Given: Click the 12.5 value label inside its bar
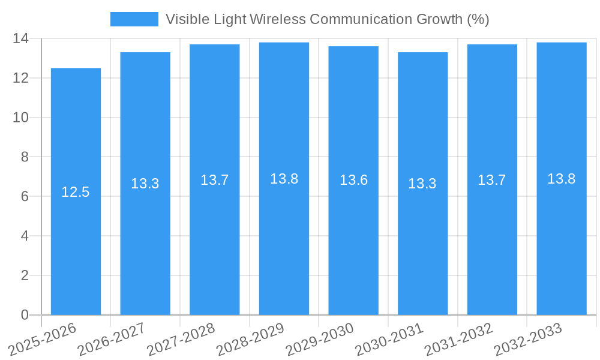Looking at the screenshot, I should coord(76,192).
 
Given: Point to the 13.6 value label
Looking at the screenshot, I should coord(353,180).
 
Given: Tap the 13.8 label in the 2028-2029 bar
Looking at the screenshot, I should coord(284,179).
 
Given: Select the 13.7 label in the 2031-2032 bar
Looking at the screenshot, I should coord(492,180).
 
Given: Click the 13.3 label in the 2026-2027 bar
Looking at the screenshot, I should coord(145,184).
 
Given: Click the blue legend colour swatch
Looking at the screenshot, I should coord(134,19).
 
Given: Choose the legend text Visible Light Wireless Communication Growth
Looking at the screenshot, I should coord(328,19).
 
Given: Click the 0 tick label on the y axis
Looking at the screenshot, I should coord(25,315).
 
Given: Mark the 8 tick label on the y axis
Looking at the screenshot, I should coord(25,157).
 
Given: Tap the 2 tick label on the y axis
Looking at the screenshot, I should coord(25,275).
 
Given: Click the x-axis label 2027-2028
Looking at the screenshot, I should coord(181,339).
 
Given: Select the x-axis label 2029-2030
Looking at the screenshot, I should coord(320,339).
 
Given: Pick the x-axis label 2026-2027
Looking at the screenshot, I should coord(112,339).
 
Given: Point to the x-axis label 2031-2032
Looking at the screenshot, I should coord(459,339).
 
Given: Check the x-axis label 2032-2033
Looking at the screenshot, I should coord(528,339).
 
